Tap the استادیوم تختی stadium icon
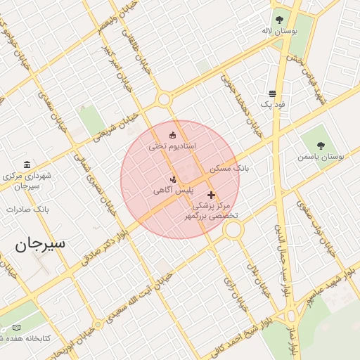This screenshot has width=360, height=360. tap(173, 135)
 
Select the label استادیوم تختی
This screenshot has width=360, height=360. tap(172, 146)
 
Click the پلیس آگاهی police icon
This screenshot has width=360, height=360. tap(174, 180)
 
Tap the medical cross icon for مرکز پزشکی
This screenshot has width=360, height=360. tap(211, 194)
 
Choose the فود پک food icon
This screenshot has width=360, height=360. tap(272, 94)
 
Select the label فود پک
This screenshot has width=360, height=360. tap(273, 104)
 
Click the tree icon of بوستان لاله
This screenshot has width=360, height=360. tap(280, 20)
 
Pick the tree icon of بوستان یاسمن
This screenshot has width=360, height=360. tap(321, 146)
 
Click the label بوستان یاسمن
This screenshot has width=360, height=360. tap(321, 157)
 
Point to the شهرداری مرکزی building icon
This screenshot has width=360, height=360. tap(27, 164)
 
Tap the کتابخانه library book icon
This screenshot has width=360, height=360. tap(17, 328)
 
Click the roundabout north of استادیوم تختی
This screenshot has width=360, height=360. tap(165, 99)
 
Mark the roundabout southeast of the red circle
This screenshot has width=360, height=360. tap(233, 229)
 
